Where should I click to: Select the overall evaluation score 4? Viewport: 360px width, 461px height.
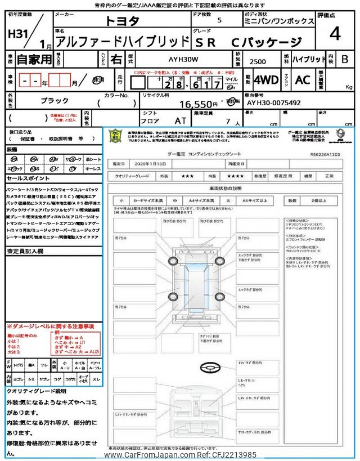click(335, 34)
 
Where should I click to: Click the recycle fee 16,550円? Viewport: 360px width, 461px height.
click(198, 104)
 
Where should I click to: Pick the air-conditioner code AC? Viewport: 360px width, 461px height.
click(302, 80)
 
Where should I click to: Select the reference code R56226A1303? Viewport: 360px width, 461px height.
click(325, 153)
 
